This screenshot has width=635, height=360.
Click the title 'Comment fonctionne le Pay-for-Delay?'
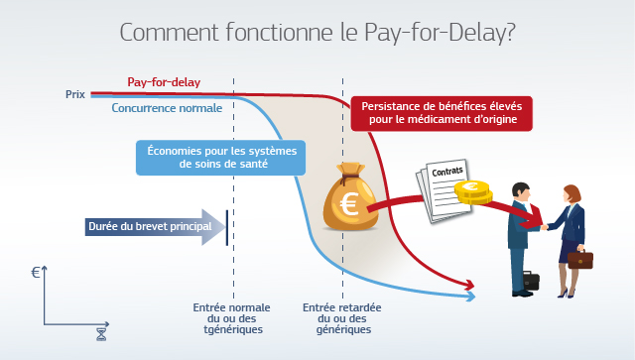coord(317,33)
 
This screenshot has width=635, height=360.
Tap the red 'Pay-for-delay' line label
coord(164,82)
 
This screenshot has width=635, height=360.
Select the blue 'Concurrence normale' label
coord(167,108)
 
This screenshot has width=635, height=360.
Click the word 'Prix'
coord(75,94)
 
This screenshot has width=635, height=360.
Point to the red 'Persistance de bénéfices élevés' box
coord(442,113)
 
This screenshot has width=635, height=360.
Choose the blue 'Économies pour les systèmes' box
coord(221,158)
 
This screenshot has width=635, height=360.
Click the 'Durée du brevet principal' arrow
coord(155,227)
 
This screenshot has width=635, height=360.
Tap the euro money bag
coord(350,196)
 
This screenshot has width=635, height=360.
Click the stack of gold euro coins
coord(473,192)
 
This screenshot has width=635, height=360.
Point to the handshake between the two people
coord(545,227)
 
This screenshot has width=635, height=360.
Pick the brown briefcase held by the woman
coord(579,259)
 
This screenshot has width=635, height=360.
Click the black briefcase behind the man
coord(531,281)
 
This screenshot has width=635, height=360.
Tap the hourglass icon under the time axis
coord(101,334)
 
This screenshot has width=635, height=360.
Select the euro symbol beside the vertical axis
coord(36,272)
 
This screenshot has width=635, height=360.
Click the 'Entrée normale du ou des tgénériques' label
coord(232,318)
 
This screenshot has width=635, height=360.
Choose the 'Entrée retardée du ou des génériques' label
coord(342,318)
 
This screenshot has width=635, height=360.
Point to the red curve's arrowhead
coord(469,285)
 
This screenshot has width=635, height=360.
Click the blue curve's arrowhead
coord(471,297)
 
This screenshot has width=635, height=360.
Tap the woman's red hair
coord(574,193)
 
